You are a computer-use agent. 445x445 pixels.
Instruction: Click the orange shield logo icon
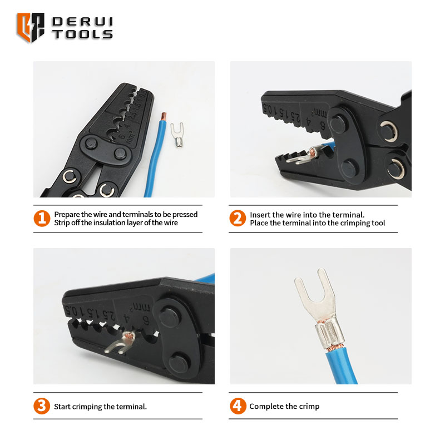31,27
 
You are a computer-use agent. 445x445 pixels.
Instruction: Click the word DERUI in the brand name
82,22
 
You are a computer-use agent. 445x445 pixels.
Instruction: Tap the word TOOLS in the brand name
82,34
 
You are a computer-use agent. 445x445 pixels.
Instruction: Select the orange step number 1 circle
42,219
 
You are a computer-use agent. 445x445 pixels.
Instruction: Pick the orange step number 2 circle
238,218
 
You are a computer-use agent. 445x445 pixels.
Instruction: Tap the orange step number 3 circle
42,406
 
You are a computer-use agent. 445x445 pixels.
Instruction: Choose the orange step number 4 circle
238,406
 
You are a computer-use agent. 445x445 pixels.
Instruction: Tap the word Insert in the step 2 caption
259,215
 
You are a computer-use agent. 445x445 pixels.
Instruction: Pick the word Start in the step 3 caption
62,407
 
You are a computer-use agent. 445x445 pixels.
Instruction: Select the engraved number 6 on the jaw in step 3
146,321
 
